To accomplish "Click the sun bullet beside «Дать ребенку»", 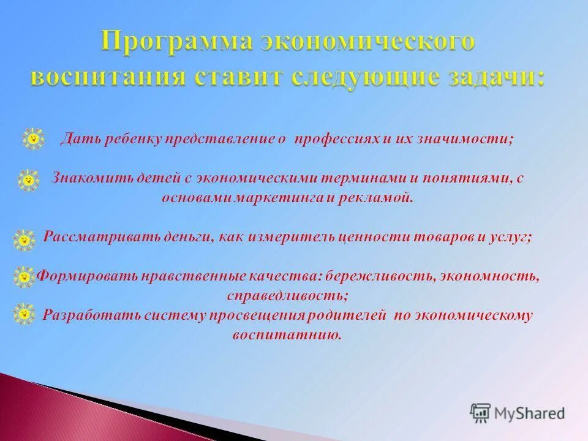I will (34, 139).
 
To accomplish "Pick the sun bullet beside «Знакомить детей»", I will (28, 180).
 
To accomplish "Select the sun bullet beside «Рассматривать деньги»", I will (24, 239).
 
